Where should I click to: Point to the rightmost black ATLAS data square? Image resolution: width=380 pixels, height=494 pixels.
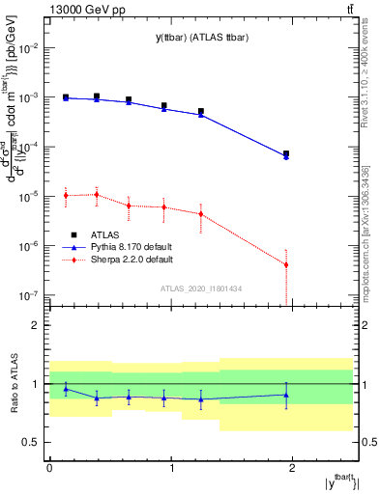coord(286,154)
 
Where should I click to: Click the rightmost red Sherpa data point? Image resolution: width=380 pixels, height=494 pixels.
coord(286,264)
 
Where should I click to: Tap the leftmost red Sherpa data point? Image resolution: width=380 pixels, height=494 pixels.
coord(66,195)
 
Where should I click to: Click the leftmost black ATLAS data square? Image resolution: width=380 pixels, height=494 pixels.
coord(66,97)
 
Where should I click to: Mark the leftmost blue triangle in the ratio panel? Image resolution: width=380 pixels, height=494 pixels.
coord(66,389)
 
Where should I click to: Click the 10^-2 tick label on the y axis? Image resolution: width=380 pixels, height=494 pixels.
coord(31,47)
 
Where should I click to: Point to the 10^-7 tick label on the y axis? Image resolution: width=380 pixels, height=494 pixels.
coord(31,295)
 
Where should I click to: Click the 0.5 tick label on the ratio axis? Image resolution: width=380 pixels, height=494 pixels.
coord(32,442)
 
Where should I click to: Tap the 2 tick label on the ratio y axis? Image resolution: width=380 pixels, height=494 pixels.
coord(38,325)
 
